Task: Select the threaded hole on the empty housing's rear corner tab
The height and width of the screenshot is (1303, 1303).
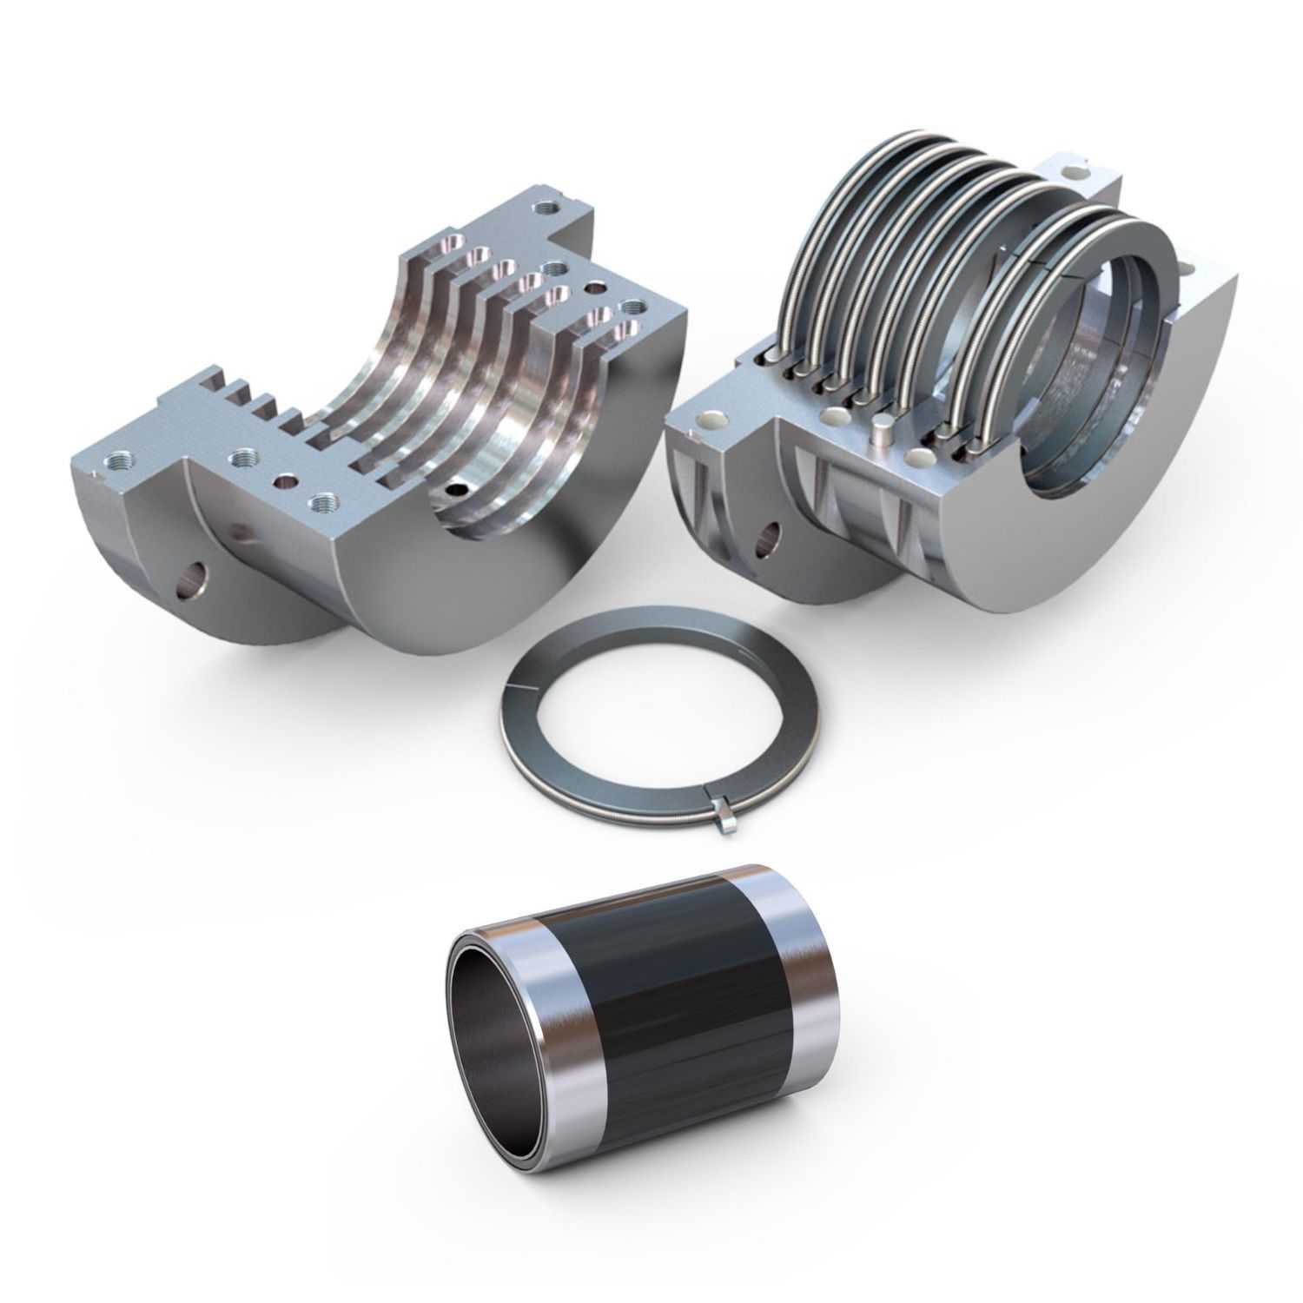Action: [x=546, y=208]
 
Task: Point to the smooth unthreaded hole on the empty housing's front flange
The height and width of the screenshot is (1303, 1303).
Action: [x=282, y=480]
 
